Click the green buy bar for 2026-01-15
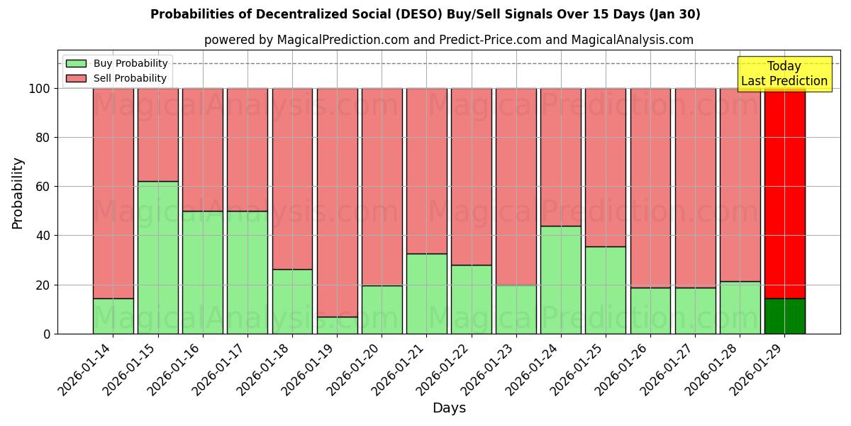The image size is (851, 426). (157, 257)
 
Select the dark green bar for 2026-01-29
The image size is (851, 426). (784, 316)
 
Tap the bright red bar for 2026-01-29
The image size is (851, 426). (784, 192)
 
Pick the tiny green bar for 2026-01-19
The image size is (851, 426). (337, 325)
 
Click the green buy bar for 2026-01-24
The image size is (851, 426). (560, 280)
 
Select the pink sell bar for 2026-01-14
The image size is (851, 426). (113, 192)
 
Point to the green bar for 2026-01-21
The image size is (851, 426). (426, 293)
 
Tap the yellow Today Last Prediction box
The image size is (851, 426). (784, 74)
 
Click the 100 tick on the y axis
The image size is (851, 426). (39, 89)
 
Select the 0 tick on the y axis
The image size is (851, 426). (46, 334)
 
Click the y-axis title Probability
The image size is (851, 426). (18, 193)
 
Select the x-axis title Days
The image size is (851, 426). (449, 408)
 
